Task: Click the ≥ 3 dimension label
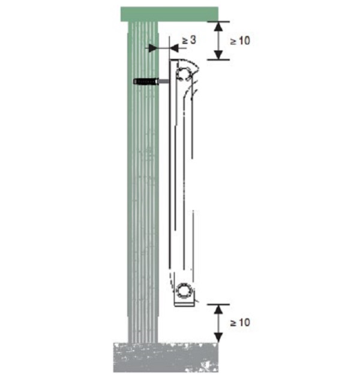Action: (189, 40)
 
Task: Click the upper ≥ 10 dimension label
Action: (240, 41)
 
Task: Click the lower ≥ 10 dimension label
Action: (240, 323)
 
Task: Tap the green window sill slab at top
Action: (169, 14)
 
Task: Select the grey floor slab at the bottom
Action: (166, 357)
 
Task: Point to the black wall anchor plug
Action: (146, 82)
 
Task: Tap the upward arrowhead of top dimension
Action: (218, 26)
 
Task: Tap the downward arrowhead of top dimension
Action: (218, 55)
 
